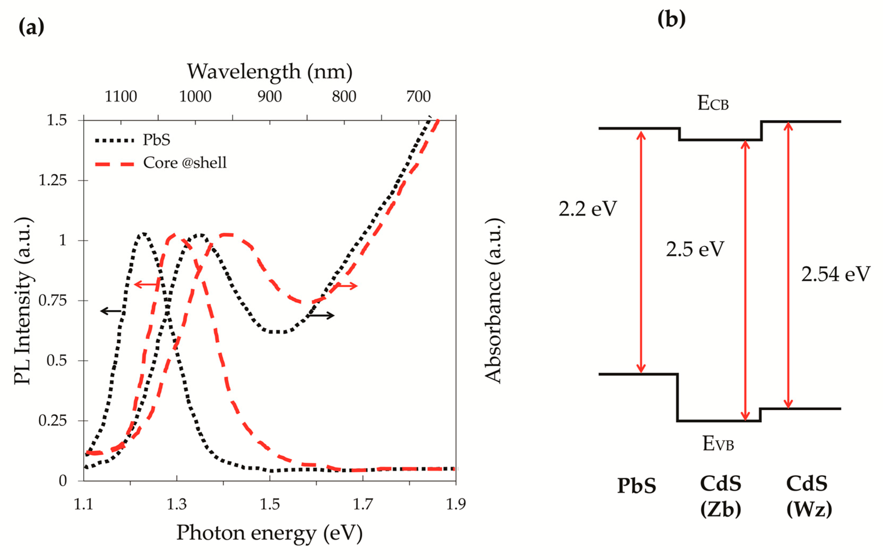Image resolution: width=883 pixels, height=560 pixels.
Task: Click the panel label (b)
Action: (671, 19)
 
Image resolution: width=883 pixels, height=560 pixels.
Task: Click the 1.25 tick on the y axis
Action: (53, 181)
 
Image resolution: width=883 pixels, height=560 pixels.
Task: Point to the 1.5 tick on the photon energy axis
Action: (270, 504)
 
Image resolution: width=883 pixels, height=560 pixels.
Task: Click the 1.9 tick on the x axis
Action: (455, 504)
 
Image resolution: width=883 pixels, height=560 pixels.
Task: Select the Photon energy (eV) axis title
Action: (270, 533)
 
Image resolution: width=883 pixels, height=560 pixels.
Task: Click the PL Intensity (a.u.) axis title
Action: (23, 301)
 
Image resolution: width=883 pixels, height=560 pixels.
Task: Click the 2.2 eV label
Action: (587, 209)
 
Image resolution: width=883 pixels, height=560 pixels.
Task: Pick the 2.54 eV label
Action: (835, 274)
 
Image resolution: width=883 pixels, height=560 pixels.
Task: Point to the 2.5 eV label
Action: (695, 249)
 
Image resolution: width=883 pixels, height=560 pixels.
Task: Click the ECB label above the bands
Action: (712, 104)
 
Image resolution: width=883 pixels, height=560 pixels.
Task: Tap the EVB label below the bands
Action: (718, 444)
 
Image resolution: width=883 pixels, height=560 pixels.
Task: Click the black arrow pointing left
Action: (111, 311)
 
